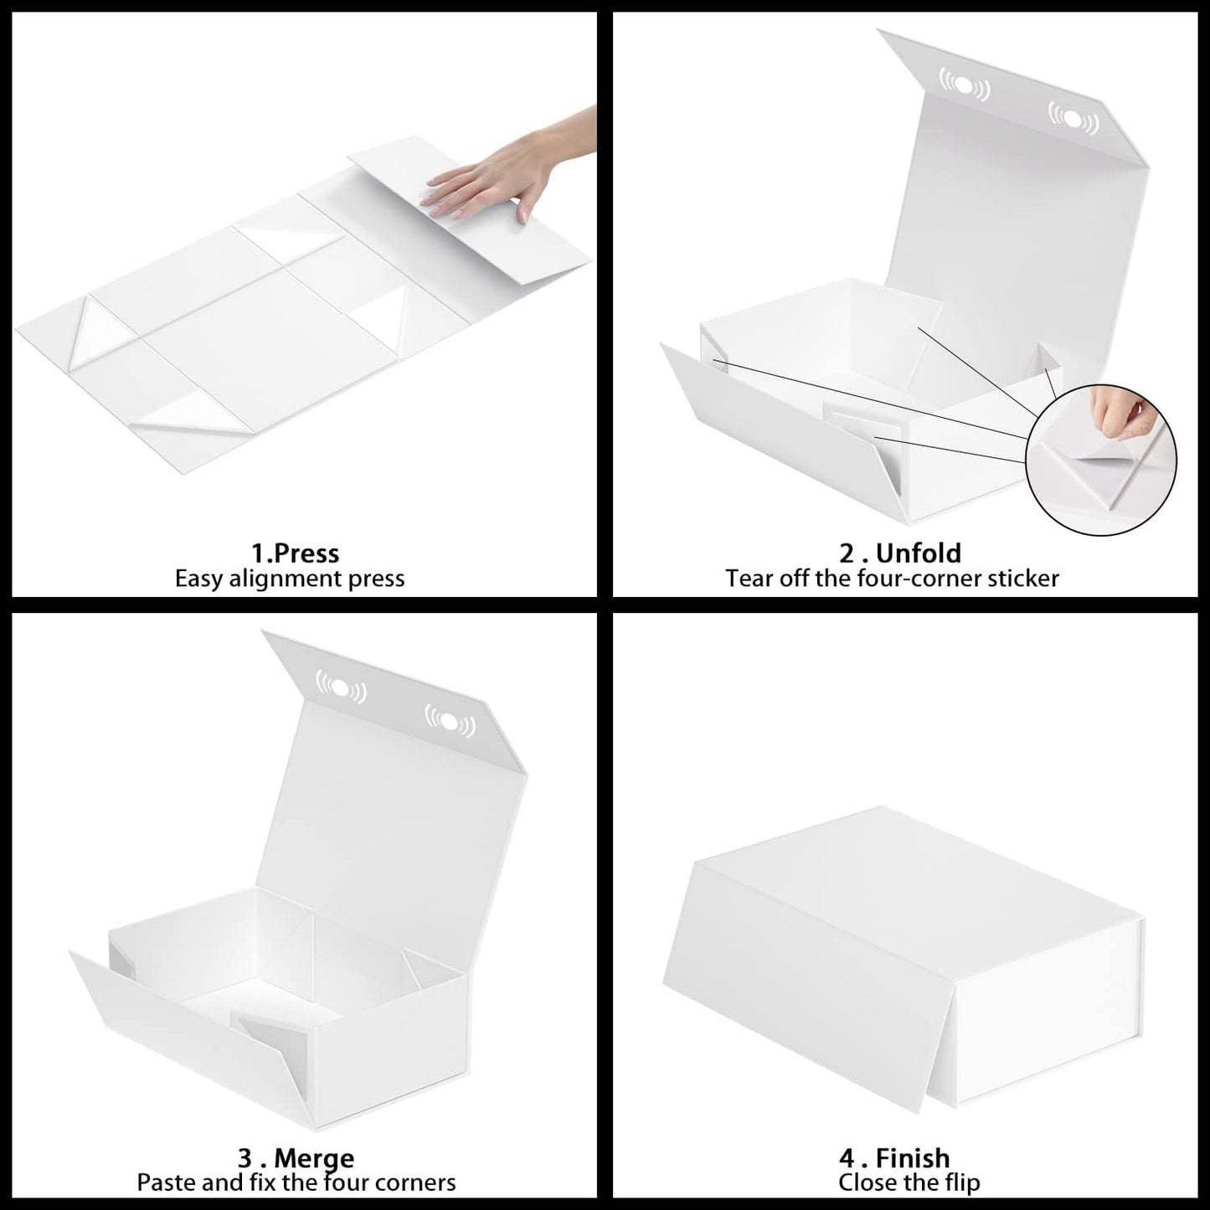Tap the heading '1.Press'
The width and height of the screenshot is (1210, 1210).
click(x=295, y=554)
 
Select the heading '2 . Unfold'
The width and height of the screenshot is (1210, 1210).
click(x=900, y=554)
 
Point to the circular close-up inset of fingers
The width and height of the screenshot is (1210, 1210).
click(x=1101, y=461)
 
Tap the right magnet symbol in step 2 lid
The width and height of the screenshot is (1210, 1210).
click(x=1074, y=118)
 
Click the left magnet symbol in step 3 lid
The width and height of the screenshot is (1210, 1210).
click(x=341, y=687)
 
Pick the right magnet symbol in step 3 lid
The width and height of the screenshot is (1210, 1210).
click(x=450, y=721)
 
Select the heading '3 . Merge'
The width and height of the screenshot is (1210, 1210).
click(x=296, y=1158)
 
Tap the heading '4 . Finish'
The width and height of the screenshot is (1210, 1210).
click(x=894, y=1158)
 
